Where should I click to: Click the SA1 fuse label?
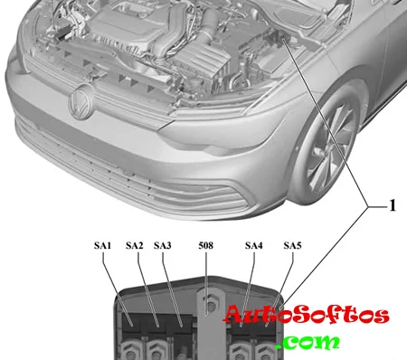pyautogui.click(x=102, y=246)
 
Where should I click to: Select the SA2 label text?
pyautogui.click(x=134, y=246)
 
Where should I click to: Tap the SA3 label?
pyautogui.click(x=163, y=246)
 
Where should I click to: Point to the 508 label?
pyautogui.click(x=206, y=246)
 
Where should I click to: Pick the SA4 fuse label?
pyautogui.click(x=254, y=246)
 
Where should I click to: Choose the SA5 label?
pyautogui.click(x=292, y=246)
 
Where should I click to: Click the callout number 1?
pyautogui.click(x=393, y=206)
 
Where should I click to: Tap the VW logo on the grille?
pyautogui.click(x=80, y=102)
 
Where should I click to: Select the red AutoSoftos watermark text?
pyautogui.click(x=307, y=315)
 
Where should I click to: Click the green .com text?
pyautogui.click(x=308, y=342)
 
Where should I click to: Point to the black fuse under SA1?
pyautogui.click(x=133, y=324)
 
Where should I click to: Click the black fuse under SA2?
pyautogui.click(x=157, y=324)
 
